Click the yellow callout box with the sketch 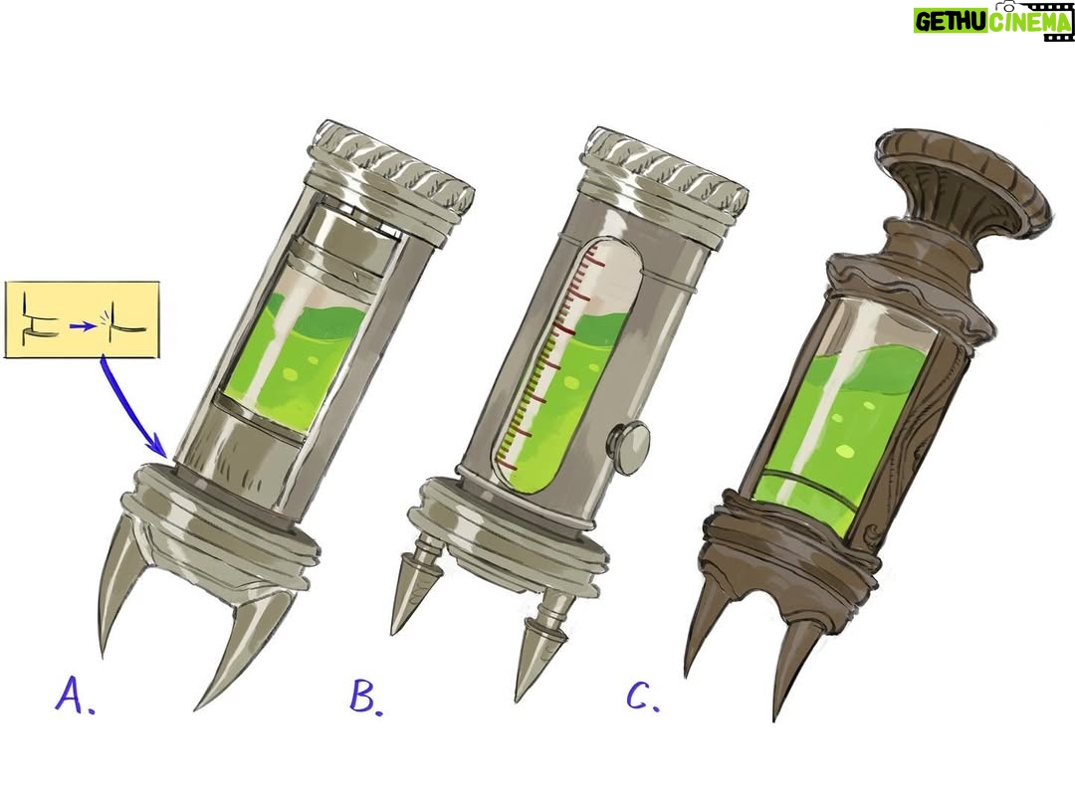[83, 319]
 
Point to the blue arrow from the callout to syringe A [131, 408]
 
